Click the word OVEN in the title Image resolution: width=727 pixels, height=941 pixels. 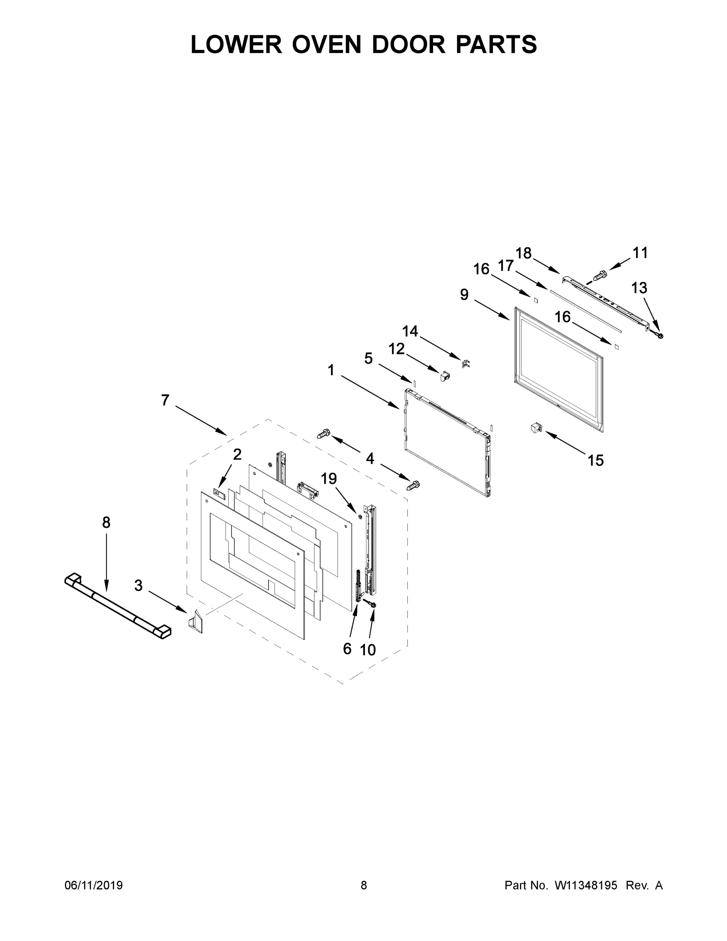[x=326, y=44]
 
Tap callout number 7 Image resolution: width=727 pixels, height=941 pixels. [x=165, y=400]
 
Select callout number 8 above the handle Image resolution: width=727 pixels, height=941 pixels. [x=106, y=523]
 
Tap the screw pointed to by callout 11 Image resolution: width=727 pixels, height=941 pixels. [x=600, y=274]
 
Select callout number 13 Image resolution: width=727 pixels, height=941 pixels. [x=639, y=288]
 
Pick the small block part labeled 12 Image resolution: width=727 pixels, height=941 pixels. [x=444, y=376]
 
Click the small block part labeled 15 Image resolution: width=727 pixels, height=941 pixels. [x=536, y=428]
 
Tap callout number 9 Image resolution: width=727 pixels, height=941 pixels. [x=464, y=295]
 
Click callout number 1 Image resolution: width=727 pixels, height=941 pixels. [x=331, y=370]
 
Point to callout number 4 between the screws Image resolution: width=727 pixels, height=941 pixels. [x=370, y=459]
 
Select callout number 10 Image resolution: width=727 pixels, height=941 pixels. [x=368, y=650]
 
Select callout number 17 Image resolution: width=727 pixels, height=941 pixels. [x=506, y=266]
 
